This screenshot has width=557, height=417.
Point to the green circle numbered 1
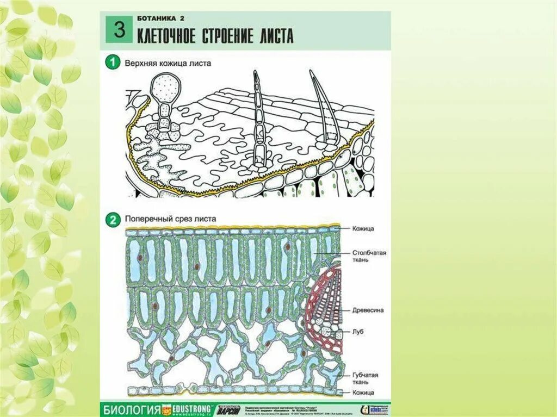tap(113, 63)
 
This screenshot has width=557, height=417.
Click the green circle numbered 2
tap(113, 220)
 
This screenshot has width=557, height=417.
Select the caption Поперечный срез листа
tap(170, 219)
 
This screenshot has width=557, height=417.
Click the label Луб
tap(358, 331)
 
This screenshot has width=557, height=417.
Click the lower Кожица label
tap(363, 393)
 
